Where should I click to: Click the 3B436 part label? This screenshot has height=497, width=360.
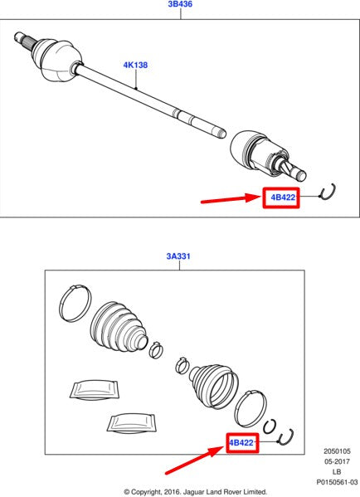pos(180,4)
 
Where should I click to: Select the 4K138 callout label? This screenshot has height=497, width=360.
pos(135,65)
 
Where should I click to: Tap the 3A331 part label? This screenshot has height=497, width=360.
pos(178,256)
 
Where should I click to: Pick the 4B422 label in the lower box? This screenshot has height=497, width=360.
pos(241,442)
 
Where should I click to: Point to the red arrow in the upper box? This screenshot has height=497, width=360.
pos(231,199)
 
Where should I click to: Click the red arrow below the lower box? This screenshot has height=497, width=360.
pos(195,460)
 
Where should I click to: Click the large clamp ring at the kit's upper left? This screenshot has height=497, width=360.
pos(75,304)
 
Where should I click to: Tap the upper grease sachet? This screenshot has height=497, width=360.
pos(94,389)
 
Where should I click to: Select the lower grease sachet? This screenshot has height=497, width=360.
pos(132,422)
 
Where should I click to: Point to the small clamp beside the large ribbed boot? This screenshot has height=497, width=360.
pos(156,350)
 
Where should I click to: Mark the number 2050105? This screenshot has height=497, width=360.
pos(337,451)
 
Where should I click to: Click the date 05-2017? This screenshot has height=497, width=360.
pos(337,461)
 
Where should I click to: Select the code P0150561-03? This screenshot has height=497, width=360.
pos(337,482)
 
